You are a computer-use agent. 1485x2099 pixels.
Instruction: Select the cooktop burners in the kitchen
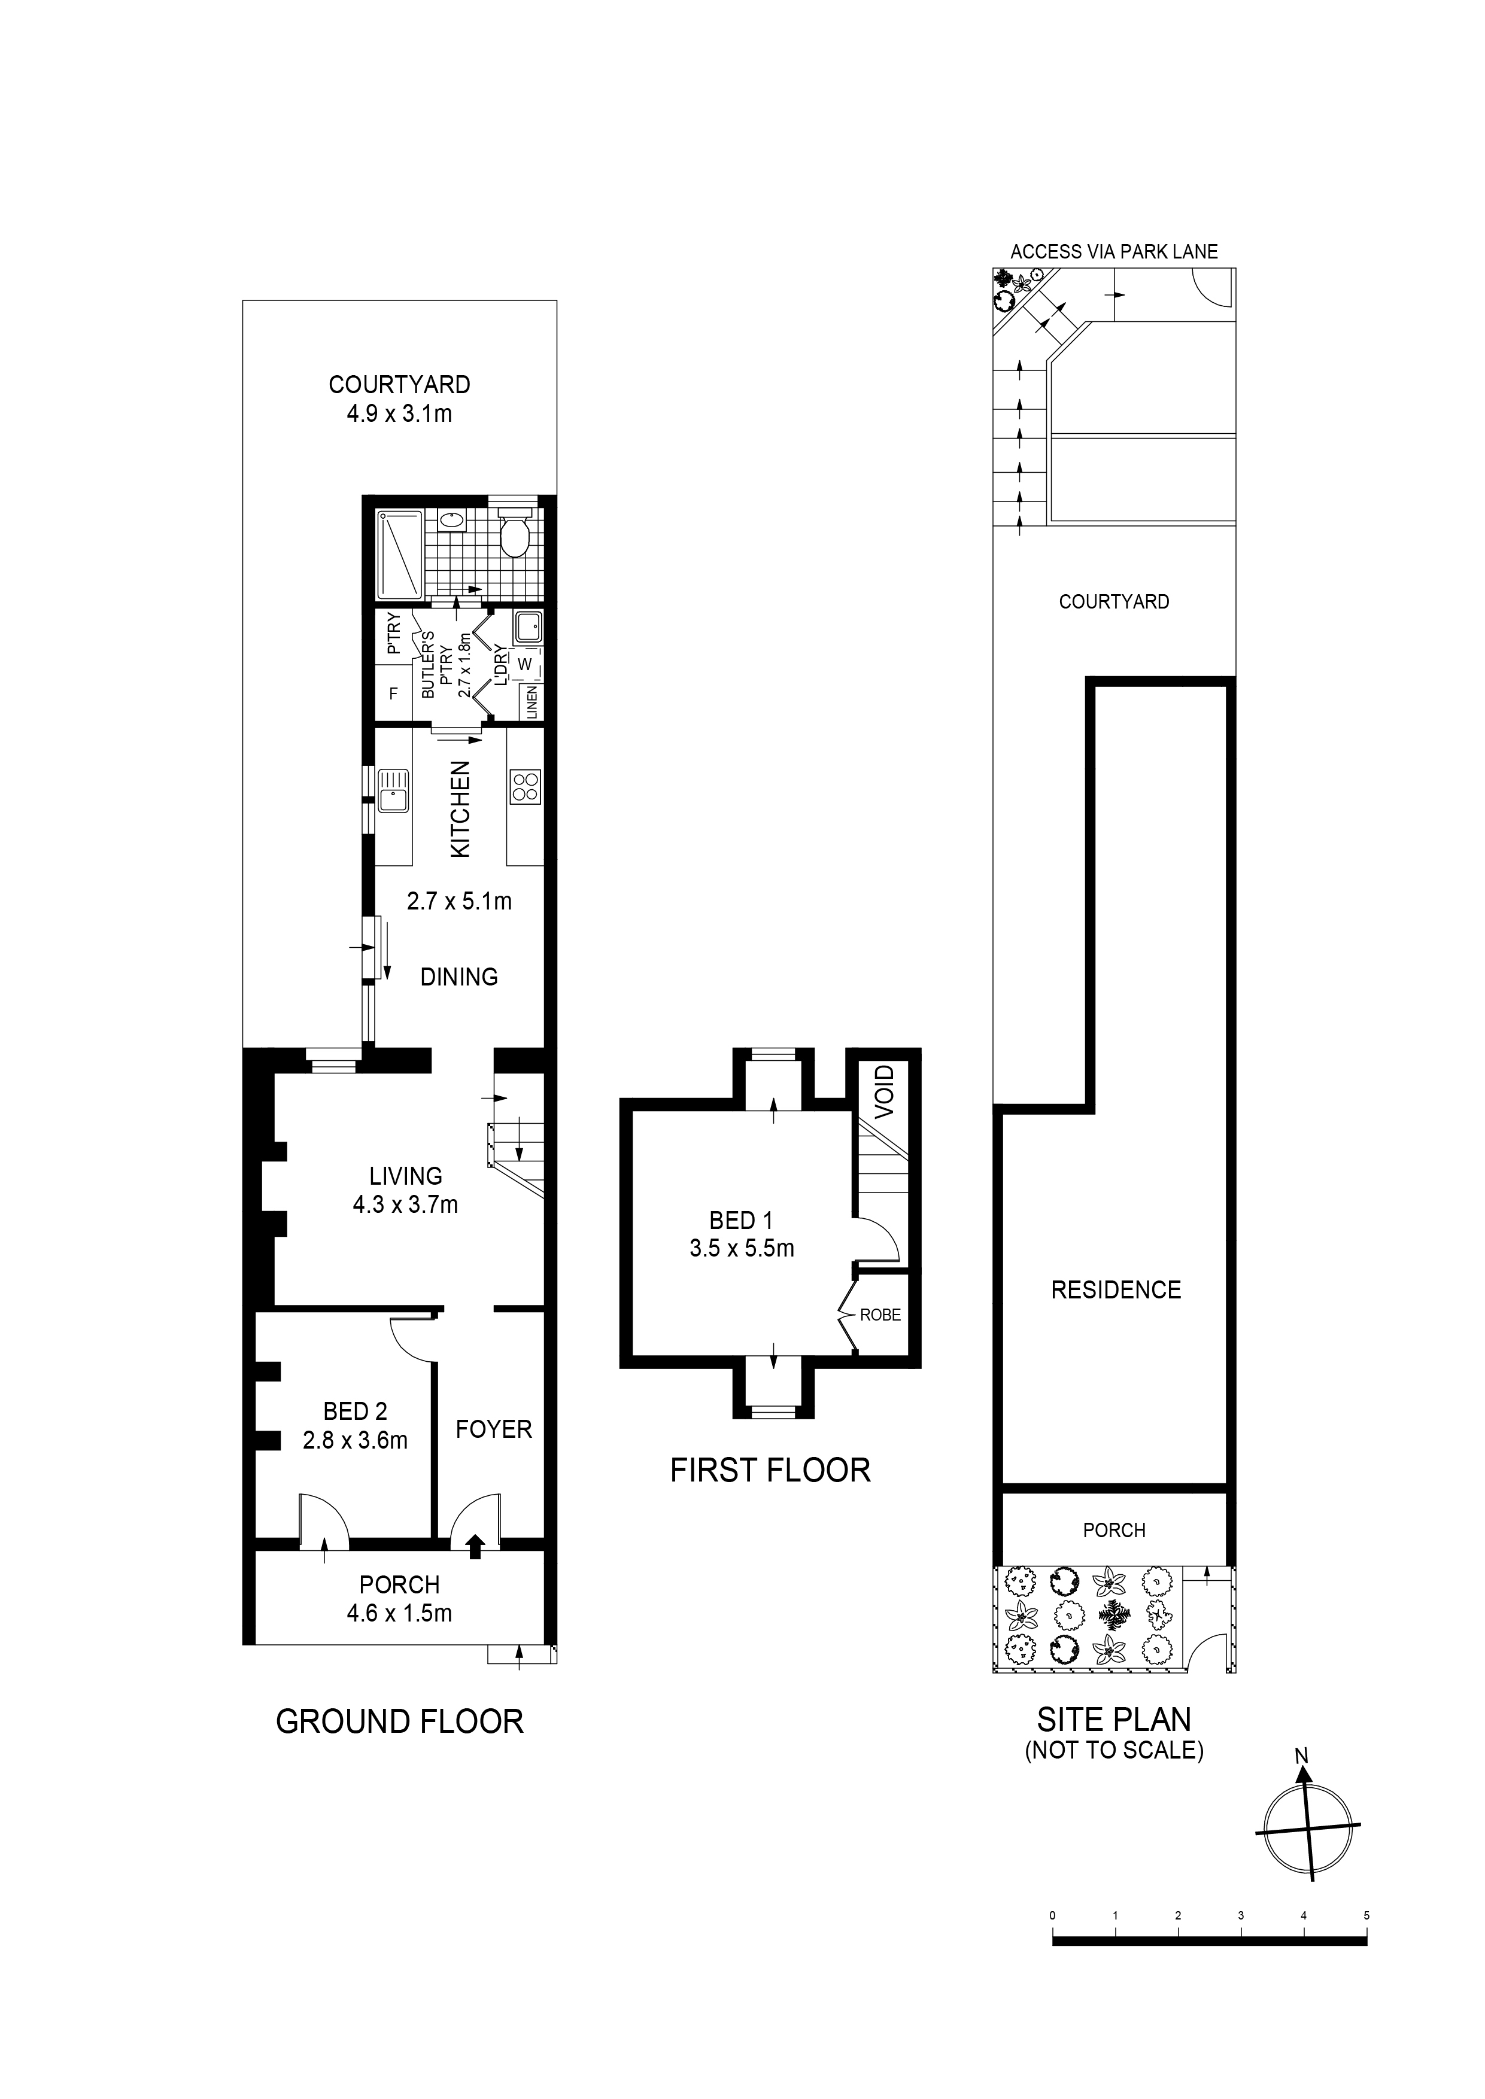tap(526, 787)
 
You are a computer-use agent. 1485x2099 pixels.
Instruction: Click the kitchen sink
tap(394, 790)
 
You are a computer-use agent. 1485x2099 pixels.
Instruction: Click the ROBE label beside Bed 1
tap(880, 1315)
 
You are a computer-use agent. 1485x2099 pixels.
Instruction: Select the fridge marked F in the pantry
tap(394, 694)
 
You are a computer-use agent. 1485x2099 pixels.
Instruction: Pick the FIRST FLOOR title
tap(770, 1470)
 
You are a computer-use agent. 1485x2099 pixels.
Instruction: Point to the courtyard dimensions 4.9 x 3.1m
tap(400, 414)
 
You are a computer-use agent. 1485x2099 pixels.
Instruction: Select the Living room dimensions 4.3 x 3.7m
tap(405, 1205)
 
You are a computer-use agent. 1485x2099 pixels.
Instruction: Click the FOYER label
tap(494, 1429)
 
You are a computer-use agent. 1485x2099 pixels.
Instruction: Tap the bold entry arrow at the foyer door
tap(475, 1546)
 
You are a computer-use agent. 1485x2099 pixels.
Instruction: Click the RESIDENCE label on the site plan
tap(1116, 1290)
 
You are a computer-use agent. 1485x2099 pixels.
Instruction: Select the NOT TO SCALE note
tap(1114, 1750)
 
